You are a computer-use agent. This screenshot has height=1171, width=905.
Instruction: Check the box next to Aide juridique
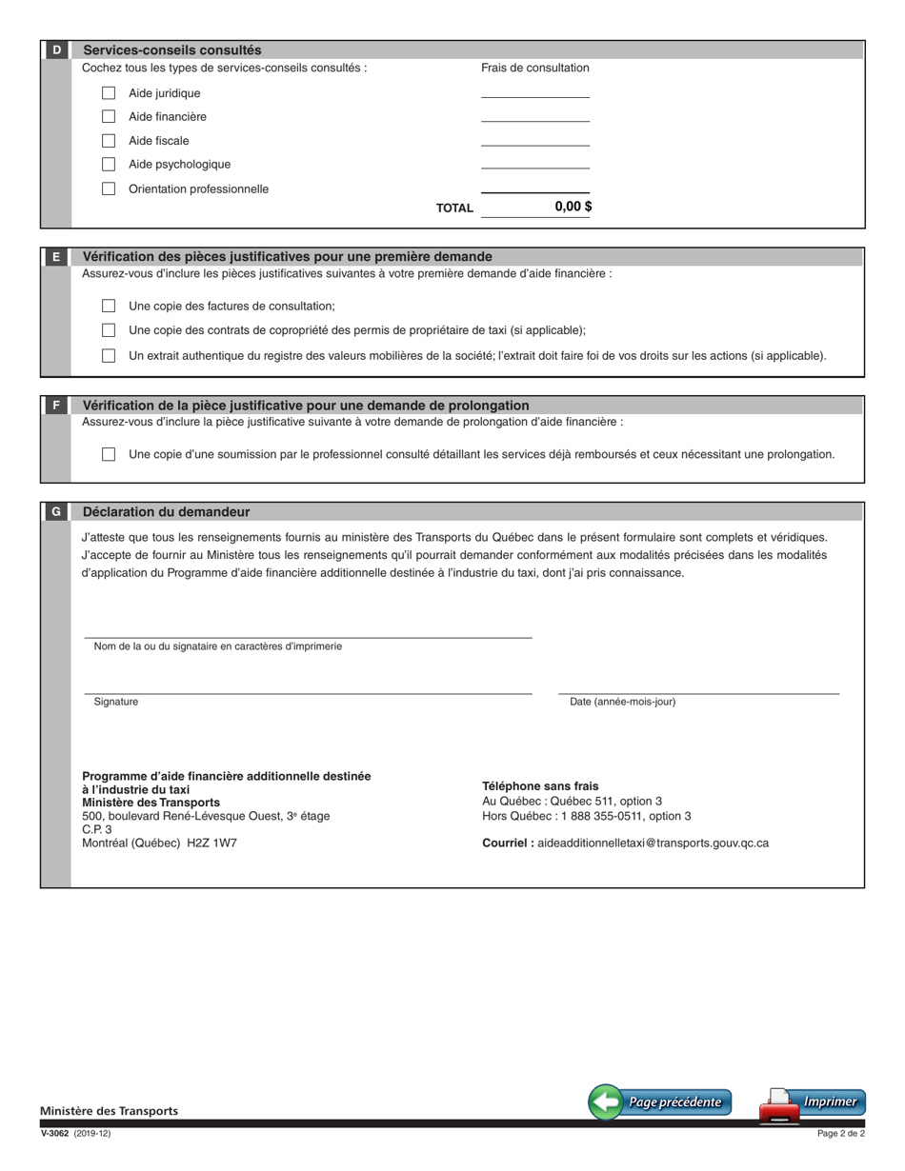pos(109,93)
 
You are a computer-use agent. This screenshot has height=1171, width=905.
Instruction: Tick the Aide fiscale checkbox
pos(109,141)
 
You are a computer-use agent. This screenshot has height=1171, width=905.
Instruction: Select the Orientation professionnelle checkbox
pos(109,189)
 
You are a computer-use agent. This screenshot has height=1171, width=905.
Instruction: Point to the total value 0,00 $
pos(573,207)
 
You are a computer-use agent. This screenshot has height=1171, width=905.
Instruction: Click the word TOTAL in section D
pos(454,208)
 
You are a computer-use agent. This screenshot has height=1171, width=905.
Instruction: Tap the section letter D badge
pos(56,50)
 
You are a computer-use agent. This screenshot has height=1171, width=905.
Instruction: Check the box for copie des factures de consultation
pos(109,306)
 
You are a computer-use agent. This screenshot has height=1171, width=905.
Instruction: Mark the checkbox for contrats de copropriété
pos(109,330)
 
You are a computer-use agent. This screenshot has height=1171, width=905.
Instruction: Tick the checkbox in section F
pos(109,454)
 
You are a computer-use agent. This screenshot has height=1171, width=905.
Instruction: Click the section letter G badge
pos(56,512)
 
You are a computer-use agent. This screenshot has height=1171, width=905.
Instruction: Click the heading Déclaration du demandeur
pos(166,512)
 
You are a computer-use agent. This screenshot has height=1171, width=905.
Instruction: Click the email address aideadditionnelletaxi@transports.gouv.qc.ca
pos(653,843)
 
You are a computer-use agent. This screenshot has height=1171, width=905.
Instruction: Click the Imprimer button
pos(813,1103)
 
